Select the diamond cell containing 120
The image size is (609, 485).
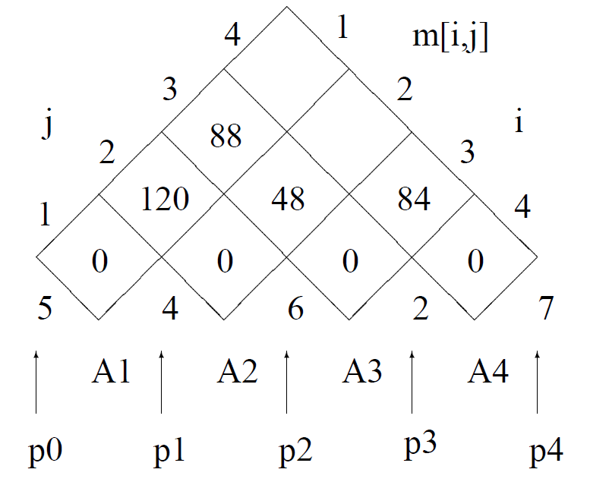tap(163, 199)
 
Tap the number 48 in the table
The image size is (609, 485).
tap(288, 199)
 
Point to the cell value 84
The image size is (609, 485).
tap(413, 199)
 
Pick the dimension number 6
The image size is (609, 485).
tap(295, 310)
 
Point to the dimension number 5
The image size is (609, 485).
tap(46, 310)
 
